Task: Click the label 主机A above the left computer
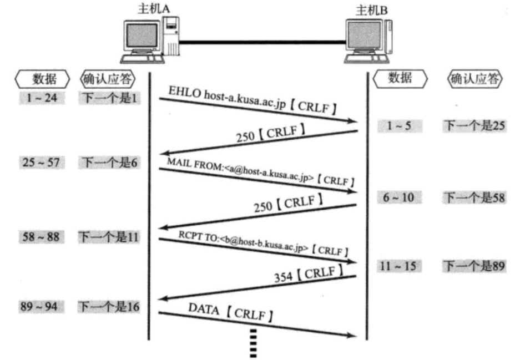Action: coord(153,9)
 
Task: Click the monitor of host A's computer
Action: coord(140,37)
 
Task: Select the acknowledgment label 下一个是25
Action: coord(474,126)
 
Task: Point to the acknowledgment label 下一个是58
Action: coord(474,197)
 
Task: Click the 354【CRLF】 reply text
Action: coord(306,276)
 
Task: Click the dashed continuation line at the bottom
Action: coord(254,343)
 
